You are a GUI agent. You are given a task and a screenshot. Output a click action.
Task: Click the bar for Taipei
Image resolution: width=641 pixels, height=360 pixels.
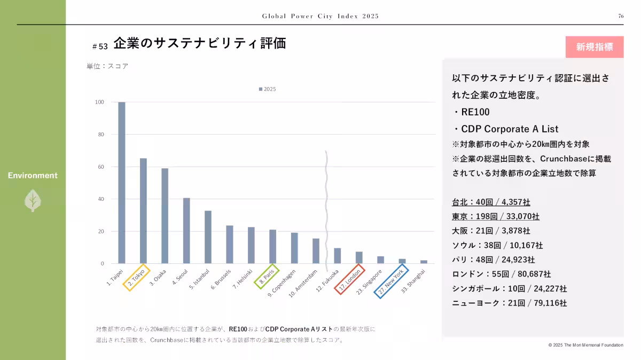pyautogui.click(x=122, y=183)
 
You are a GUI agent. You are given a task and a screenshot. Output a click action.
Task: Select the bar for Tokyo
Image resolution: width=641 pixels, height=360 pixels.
pyautogui.click(x=143, y=211)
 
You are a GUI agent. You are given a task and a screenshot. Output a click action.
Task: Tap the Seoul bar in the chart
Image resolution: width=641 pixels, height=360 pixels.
pyautogui.click(x=186, y=231)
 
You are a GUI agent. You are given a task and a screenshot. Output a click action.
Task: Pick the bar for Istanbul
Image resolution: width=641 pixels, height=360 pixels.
pyautogui.click(x=208, y=237)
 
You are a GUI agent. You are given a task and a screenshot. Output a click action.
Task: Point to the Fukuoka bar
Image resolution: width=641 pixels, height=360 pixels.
pyautogui.click(x=337, y=256)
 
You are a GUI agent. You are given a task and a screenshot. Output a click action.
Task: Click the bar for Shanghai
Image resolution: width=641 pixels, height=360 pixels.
pyautogui.click(x=424, y=262)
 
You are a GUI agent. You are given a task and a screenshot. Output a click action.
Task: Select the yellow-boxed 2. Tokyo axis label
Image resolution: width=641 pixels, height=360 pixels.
pyautogui.click(x=137, y=277)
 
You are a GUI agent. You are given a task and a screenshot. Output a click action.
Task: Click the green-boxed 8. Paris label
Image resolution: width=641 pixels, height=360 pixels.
pyautogui.click(x=266, y=276)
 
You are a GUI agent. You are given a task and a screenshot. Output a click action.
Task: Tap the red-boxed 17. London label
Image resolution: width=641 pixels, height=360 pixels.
pyautogui.click(x=351, y=279)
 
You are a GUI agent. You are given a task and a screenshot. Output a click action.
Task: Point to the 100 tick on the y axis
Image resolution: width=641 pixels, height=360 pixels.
pyautogui.click(x=99, y=102)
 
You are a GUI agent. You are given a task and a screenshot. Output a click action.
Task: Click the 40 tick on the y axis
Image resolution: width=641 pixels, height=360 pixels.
pyautogui.click(x=100, y=199)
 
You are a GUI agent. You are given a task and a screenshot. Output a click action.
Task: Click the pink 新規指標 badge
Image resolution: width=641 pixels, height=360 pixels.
pyautogui.click(x=595, y=47)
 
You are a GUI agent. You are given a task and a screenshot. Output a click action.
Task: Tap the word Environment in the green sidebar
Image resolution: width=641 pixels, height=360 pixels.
pyautogui.click(x=33, y=175)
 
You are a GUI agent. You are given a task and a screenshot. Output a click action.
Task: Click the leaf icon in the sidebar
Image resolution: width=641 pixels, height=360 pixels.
pyautogui.click(x=33, y=200)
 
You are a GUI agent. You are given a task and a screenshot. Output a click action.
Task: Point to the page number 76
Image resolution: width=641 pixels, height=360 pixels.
pyautogui.click(x=621, y=17)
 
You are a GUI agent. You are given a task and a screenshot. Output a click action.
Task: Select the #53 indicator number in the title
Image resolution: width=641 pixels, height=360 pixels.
pyautogui.click(x=100, y=46)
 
